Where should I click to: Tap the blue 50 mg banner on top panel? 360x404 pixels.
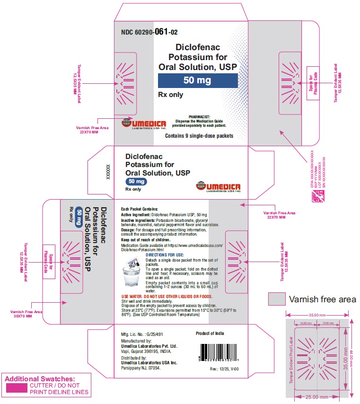[197, 80]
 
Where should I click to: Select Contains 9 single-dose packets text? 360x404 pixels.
[199, 136]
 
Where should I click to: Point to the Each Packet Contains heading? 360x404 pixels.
[139, 209]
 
